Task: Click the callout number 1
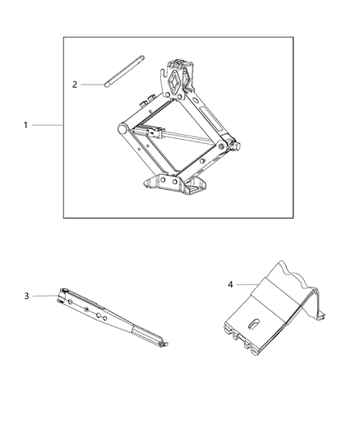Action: [x=25, y=125]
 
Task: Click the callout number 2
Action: [x=74, y=84]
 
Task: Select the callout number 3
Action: [x=26, y=296]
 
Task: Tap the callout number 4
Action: [x=230, y=284]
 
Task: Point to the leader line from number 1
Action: [x=47, y=125]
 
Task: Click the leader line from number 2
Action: [x=92, y=84]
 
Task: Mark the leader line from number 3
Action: [x=45, y=296]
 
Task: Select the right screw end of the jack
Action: [x=234, y=148]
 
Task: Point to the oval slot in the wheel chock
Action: [x=256, y=321]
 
